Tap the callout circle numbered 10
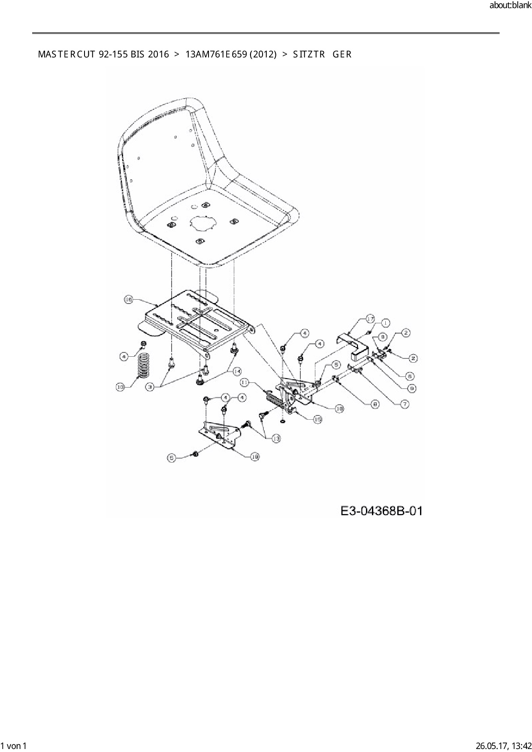coord(120,387)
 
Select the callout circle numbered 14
coord(237,371)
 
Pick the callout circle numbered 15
coord(317,419)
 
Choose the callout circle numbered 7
coord(405,403)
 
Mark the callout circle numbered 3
coord(150,387)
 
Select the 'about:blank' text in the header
coord(510,6)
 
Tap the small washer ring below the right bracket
coord(283,422)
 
